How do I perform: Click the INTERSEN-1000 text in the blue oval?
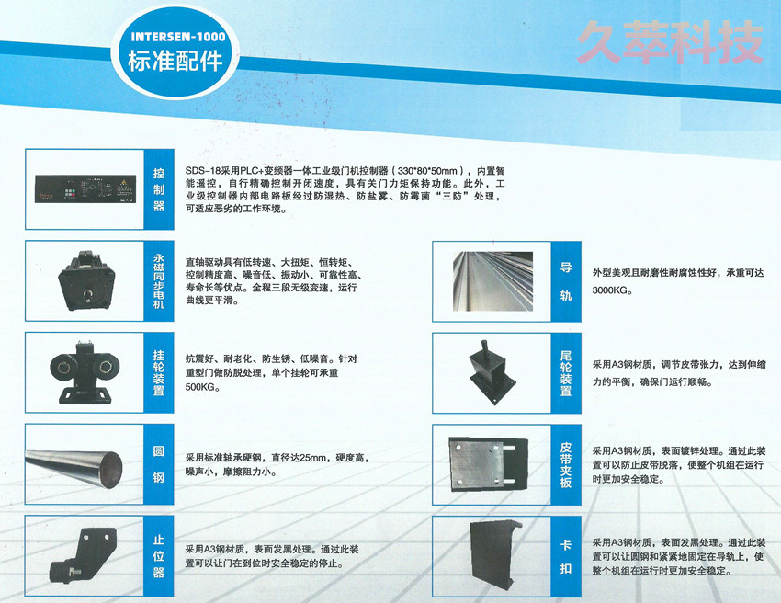(x=172, y=38)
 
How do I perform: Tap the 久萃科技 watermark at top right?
(x=671, y=42)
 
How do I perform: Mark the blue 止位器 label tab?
(x=159, y=555)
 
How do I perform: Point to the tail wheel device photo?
(x=490, y=372)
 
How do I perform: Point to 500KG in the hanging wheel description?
(x=203, y=387)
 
